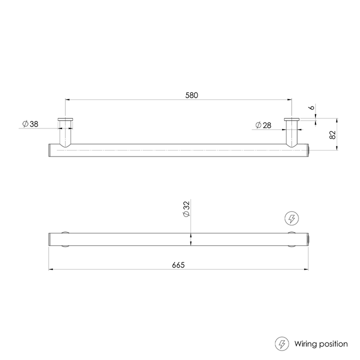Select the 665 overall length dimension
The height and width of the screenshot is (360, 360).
coord(178,265)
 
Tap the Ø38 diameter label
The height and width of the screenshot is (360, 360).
coord(30,124)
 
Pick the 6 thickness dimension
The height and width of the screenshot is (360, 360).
coord(311,108)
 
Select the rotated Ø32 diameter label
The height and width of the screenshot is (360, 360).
coord(185,209)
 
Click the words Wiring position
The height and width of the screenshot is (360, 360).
coord(320,343)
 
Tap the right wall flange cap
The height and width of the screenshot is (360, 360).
coord(291,119)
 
